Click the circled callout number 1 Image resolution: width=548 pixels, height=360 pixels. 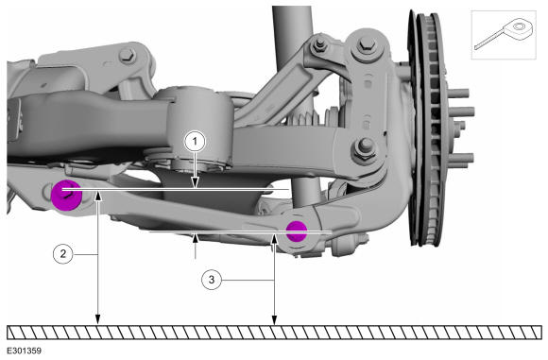[195, 142]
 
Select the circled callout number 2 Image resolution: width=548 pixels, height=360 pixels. [63, 253]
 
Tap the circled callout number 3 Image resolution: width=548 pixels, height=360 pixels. [212, 280]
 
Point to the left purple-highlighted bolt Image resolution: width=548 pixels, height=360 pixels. [66, 195]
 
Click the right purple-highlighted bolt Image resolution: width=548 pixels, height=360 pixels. [297, 231]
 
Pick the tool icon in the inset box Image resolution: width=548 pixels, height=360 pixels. [504, 35]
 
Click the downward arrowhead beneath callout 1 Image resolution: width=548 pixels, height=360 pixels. [195, 182]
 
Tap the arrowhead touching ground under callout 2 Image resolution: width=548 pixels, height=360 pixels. [98, 319]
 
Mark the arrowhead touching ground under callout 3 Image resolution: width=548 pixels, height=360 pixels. [274, 319]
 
